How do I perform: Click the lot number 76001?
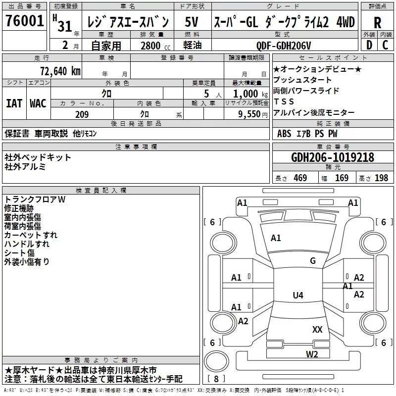click(24, 22)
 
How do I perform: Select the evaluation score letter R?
click(377, 23)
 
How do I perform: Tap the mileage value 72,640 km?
click(59, 71)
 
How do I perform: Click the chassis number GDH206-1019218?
click(333, 157)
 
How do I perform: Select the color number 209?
click(82, 114)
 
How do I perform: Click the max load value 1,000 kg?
click(247, 94)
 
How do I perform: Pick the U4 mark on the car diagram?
click(297, 296)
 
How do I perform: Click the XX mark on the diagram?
click(317, 329)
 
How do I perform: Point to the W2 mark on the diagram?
click(311, 354)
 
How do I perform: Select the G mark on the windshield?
click(312, 261)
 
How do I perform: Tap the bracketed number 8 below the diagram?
click(216, 379)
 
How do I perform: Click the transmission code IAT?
click(14, 103)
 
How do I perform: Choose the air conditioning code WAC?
click(38, 103)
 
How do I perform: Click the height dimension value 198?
click(382, 178)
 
